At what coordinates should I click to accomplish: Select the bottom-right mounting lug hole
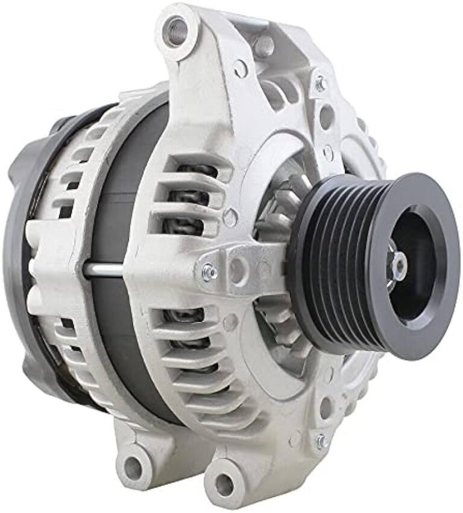225,483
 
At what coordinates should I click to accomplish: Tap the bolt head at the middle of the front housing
209,272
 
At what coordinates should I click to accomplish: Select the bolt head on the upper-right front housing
320,83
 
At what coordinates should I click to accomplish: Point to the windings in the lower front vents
187,338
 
